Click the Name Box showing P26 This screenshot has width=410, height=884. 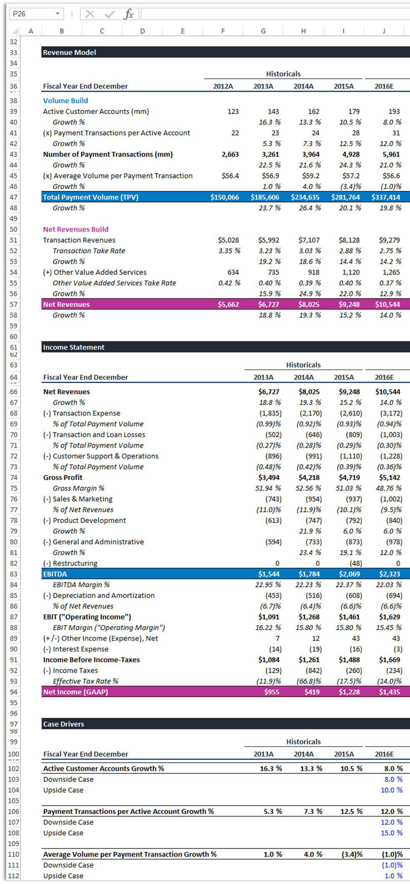[36, 14]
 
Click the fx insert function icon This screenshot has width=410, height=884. [129, 14]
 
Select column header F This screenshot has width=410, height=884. [223, 31]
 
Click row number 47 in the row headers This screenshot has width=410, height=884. [14, 197]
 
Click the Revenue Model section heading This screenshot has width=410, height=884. [70, 53]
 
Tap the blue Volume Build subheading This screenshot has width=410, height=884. [65, 100]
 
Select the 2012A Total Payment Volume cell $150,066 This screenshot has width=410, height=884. [225, 197]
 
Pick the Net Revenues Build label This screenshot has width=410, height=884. [76, 229]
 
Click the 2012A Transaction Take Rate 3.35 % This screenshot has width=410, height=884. [229, 251]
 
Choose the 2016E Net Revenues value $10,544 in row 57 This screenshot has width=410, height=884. [387, 304]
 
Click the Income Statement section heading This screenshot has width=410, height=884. [74, 347]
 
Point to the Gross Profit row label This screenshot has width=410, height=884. [63, 478]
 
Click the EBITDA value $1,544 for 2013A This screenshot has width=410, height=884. [269, 574]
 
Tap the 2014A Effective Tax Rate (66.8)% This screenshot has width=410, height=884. [308, 681]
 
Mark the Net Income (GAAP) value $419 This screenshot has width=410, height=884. [312, 692]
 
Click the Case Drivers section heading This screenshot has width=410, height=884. [64, 724]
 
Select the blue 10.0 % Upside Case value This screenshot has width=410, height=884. [392, 790]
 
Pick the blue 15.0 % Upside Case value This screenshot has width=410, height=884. [392, 833]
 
